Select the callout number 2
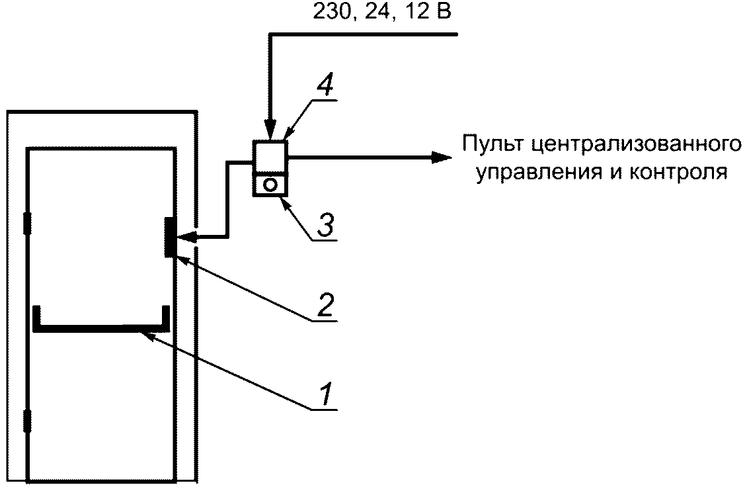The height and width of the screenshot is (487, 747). [x=325, y=305]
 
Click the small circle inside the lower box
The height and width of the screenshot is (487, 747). [x=270, y=185]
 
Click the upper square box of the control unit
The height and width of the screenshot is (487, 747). [x=270, y=156]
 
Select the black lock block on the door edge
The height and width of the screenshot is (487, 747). [x=169, y=237]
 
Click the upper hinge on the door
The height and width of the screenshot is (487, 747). [x=27, y=223]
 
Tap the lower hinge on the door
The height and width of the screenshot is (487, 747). [x=27, y=421]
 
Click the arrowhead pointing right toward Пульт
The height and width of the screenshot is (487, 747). [x=441, y=157]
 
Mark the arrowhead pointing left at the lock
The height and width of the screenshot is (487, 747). [x=186, y=237]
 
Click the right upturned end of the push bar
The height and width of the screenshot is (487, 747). [x=166, y=317]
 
